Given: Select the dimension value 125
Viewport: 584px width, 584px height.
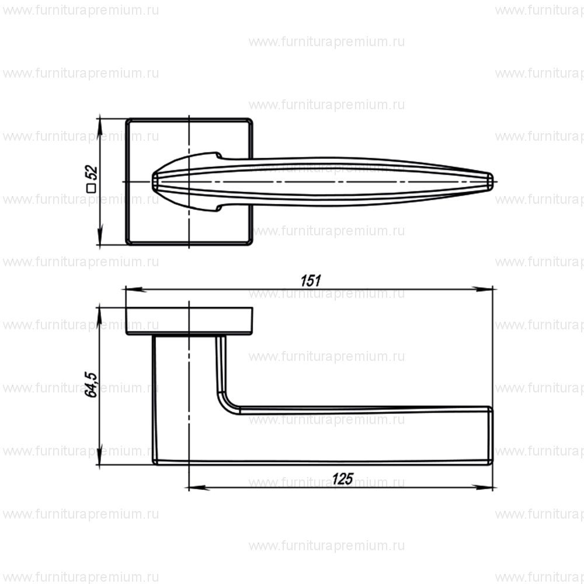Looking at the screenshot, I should click(342, 478).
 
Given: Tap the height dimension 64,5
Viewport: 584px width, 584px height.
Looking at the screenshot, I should click(91, 383).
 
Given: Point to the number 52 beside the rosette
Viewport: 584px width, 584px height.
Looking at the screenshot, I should click(91, 173).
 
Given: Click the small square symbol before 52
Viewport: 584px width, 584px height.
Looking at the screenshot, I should click(91, 188).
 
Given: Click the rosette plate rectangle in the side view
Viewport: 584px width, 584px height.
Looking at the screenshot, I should click(190, 321).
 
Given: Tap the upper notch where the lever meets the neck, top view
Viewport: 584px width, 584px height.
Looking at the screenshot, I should click(219, 156).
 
